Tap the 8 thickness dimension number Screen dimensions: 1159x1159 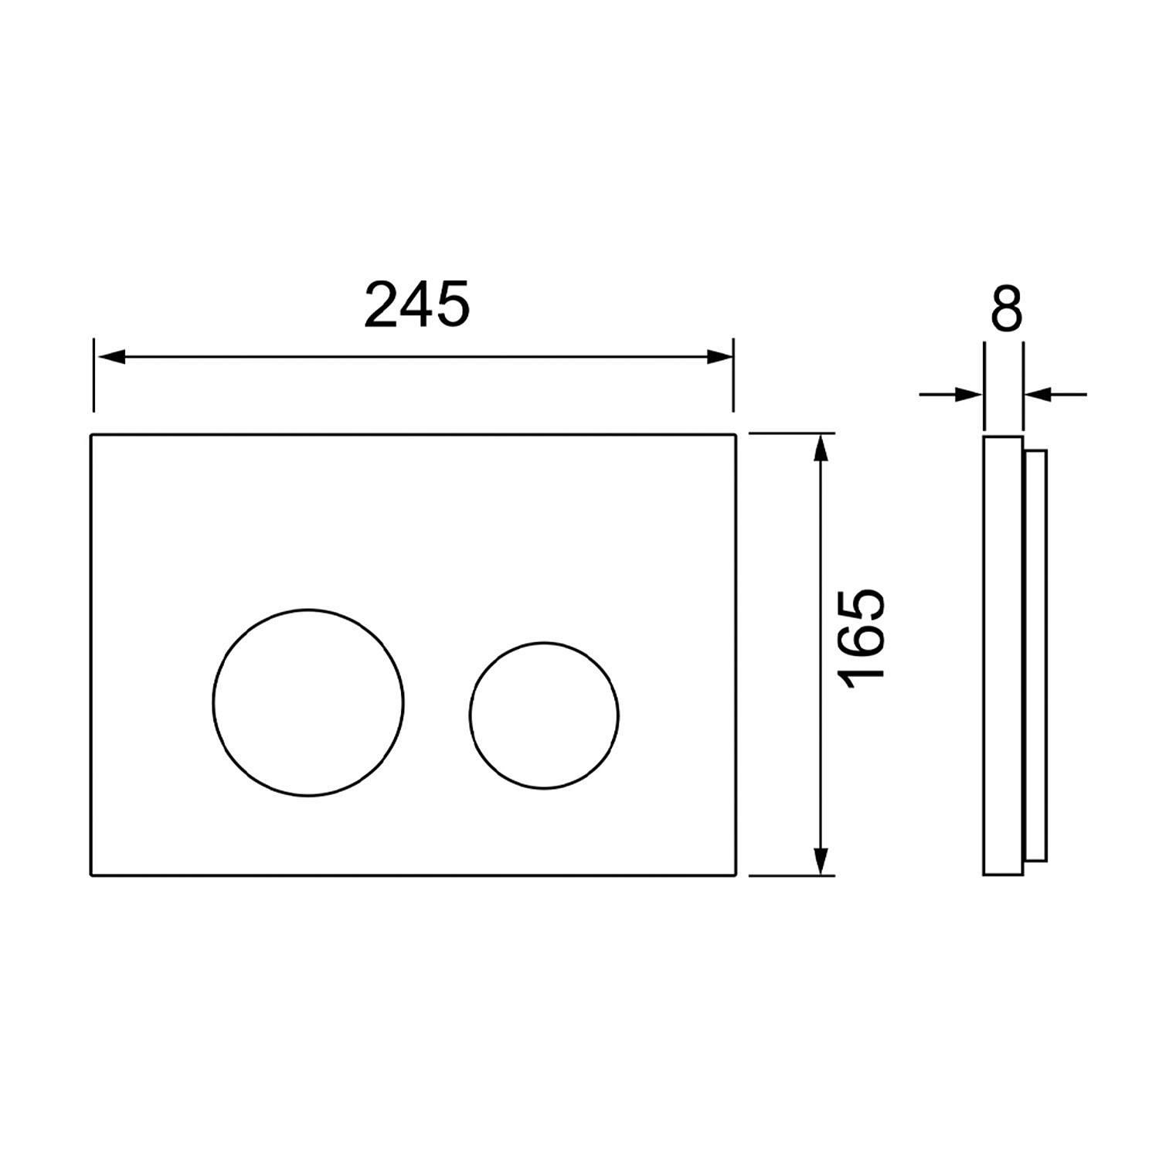(x=1005, y=308)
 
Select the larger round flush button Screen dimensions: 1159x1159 (x=308, y=702)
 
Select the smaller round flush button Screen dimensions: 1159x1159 (x=544, y=715)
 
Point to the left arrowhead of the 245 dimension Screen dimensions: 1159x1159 (x=109, y=357)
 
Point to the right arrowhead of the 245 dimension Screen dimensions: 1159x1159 (x=718, y=357)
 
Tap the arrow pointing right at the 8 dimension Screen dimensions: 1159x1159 (x=951, y=395)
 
